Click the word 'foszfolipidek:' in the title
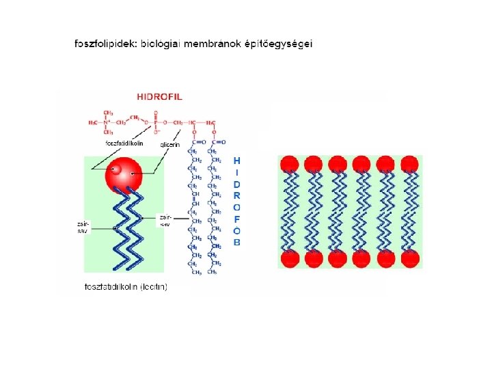coord(106,44)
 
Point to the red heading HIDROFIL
coord(160,97)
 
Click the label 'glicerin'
coord(169,144)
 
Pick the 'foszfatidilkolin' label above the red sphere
coord(124,143)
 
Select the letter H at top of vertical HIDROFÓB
coord(237,160)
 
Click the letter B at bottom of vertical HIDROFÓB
coord(237,242)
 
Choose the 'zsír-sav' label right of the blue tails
coord(165,219)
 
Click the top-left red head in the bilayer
coord(290,164)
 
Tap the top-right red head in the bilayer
coord(410,164)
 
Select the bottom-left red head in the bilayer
coord(290,258)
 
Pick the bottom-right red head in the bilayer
coord(410,258)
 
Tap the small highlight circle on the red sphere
coord(115,167)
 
